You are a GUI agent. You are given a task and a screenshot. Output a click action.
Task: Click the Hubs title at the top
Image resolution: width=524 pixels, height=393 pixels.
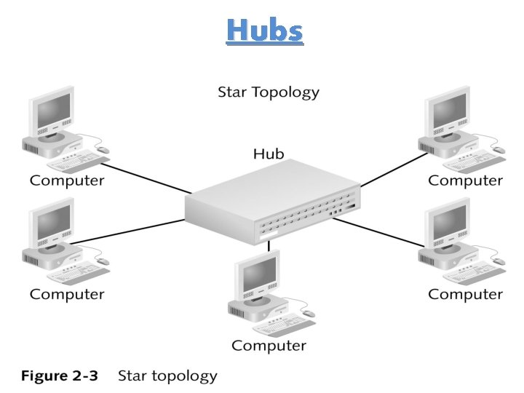(263, 31)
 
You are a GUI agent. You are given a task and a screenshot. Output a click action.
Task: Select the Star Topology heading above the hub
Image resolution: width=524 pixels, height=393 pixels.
(269, 92)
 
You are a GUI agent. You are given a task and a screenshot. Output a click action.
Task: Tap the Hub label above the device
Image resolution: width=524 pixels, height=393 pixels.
(269, 154)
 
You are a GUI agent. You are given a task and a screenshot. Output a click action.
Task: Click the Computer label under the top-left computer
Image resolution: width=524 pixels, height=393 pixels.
(67, 180)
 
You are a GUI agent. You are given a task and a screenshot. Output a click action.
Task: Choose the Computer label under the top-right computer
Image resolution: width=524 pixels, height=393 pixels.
(465, 180)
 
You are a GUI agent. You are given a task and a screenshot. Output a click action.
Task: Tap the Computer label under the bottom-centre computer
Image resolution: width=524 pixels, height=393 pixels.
(269, 345)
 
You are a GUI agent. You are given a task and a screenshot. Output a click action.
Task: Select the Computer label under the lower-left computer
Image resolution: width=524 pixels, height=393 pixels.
(67, 294)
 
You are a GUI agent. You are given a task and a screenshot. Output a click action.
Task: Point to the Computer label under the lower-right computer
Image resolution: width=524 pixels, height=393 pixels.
(465, 294)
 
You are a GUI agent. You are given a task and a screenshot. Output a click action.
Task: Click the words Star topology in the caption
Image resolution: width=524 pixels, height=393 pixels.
(167, 376)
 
